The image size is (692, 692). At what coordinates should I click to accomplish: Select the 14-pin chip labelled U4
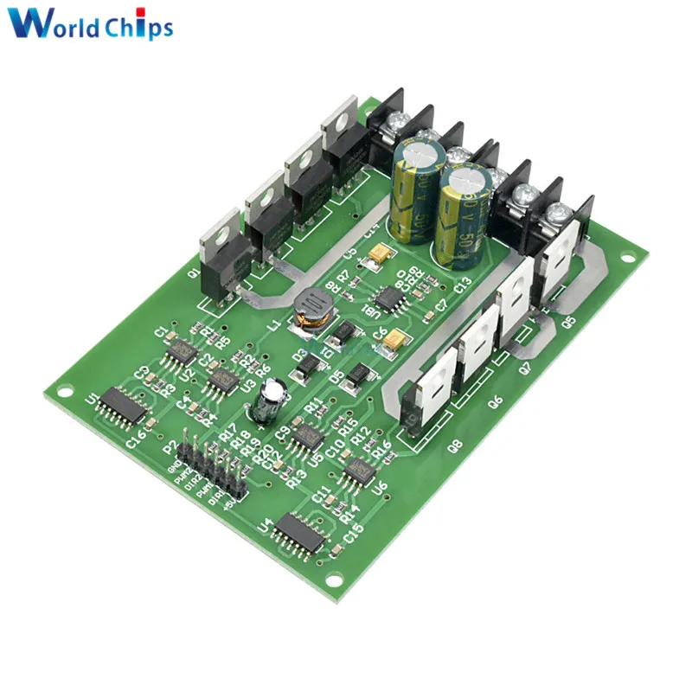tap(299, 531)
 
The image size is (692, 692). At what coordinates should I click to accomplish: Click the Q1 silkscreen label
tap(194, 279)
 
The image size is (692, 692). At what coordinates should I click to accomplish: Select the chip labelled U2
tap(182, 351)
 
